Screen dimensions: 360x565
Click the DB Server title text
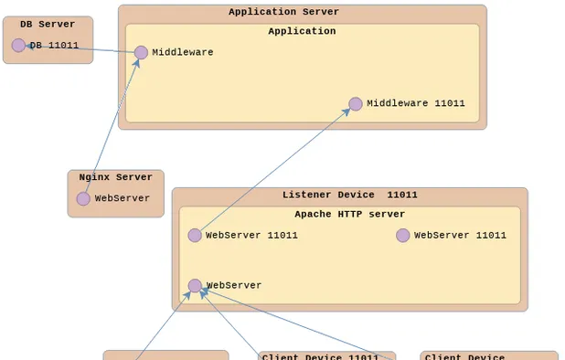48,25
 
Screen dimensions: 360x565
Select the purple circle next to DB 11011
18,46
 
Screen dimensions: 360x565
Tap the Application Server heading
283,13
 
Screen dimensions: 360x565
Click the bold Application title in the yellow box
302,31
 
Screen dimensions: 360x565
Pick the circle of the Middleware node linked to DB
141,53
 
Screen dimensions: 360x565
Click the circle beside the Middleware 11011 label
356,104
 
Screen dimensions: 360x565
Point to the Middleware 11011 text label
416,104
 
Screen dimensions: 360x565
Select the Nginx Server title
115,177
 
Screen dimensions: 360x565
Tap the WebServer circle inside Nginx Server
83,198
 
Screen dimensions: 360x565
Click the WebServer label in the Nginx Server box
123,198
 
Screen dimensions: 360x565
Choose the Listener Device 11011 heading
349,195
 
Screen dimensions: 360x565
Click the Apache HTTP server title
349,215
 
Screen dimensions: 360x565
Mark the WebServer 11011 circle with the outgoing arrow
195,236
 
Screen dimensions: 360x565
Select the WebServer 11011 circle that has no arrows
403,236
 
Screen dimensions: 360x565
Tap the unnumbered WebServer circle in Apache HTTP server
195,286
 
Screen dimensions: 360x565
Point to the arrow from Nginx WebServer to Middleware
112,126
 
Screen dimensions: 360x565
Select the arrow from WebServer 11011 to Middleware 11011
274,170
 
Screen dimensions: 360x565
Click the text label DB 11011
54,46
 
